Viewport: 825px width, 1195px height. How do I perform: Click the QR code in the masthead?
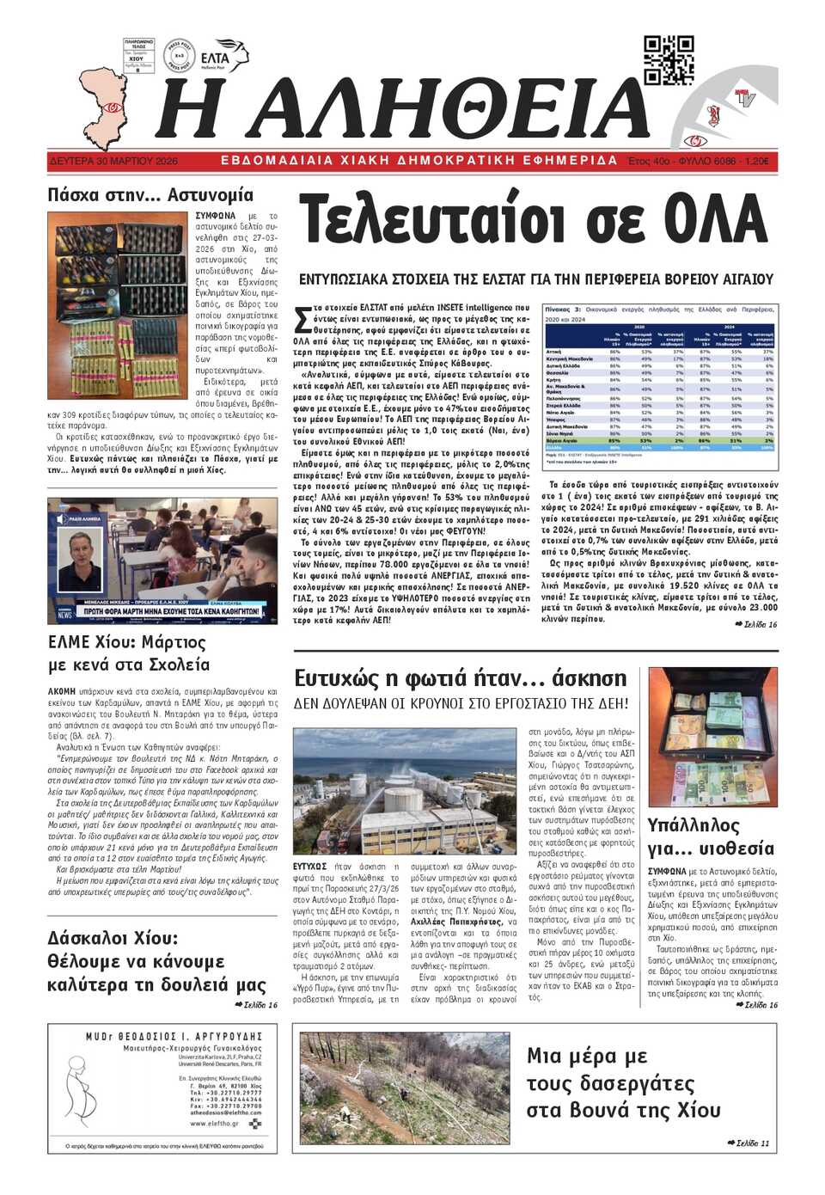coord(669,60)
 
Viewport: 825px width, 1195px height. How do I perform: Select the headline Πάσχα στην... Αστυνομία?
coord(150,195)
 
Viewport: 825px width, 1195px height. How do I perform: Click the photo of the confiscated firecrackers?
coord(119,305)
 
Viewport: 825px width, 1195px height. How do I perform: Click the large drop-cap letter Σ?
coord(302,319)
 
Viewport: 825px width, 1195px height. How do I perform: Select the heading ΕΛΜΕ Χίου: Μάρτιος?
coord(127,642)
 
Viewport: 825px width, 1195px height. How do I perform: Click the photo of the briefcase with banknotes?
coord(712,736)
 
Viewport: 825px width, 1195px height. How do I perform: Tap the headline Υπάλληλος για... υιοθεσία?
coord(711,836)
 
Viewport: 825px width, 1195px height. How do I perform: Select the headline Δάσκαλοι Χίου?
coord(113,938)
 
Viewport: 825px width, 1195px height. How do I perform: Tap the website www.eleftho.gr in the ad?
coord(214,1123)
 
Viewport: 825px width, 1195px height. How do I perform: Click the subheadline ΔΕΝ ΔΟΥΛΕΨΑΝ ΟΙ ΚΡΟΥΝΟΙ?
coord(461,703)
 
